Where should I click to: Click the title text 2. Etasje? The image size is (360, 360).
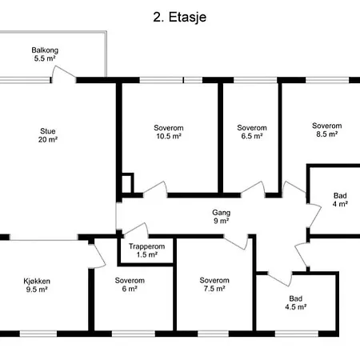click(x=179, y=18)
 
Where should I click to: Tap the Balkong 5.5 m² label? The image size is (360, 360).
click(x=45, y=54)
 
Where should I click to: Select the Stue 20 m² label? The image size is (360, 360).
click(x=48, y=135)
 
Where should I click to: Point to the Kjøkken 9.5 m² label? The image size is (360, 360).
click(x=37, y=285)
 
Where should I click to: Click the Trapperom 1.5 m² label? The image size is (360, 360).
click(x=146, y=250)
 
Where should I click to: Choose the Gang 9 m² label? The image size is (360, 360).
click(x=221, y=217)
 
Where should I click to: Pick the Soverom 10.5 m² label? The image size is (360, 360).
click(x=169, y=132)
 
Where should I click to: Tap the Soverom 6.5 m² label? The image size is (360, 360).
click(x=252, y=132)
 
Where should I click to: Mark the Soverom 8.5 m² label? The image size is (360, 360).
click(x=327, y=130)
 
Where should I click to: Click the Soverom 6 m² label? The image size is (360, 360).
click(x=130, y=285)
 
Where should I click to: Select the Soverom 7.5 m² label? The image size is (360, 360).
click(x=214, y=284)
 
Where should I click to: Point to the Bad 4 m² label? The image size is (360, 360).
click(x=340, y=200)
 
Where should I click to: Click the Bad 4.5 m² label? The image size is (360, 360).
click(x=295, y=302)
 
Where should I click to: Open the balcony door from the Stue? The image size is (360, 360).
click(x=63, y=74)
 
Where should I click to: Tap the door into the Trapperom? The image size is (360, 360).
click(x=136, y=230)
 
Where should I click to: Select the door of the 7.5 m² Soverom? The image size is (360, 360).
click(x=236, y=242)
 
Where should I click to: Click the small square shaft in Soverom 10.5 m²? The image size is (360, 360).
click(x=127, y=183)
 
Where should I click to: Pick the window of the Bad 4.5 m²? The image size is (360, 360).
click(x=297, y=334)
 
